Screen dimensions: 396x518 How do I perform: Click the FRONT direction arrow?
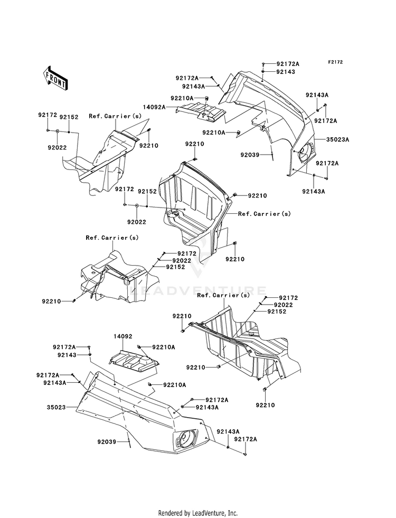(x=55, y=78)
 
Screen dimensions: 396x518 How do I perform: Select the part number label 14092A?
(x=154, y=107)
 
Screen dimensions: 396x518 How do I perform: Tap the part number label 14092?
(x=123, y=337)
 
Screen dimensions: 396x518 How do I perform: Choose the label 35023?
(x=56, y=407)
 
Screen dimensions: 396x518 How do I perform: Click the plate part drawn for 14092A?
(x=201, y=112)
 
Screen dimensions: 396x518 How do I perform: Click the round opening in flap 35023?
(x=184, y=439)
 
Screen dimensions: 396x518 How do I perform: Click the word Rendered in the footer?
(x=170, y=513)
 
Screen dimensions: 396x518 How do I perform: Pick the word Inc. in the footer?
(x=232, y=513)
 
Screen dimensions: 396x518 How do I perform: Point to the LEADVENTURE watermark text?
(x=198, y=291)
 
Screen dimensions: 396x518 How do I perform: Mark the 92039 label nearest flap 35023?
(x=107, y=441)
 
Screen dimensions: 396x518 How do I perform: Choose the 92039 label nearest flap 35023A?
(x=250, y=155)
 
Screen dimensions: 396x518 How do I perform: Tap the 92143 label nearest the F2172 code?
(x=286, y=72)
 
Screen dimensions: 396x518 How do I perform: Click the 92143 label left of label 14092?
(x=67, y=355)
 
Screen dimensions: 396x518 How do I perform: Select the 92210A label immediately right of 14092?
(x=164, y=347)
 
